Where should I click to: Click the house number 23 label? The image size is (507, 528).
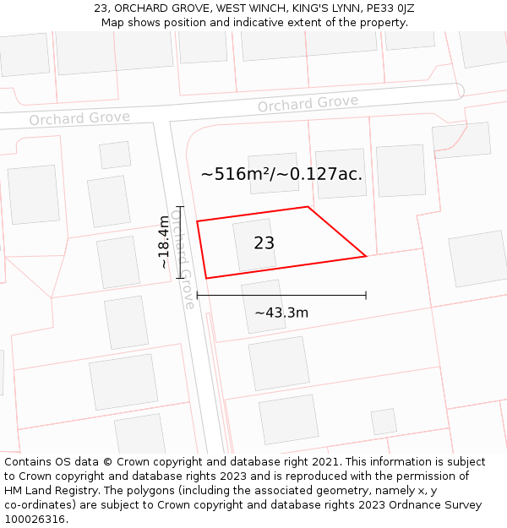[264, 243]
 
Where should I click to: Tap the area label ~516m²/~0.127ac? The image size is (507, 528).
[281, 174]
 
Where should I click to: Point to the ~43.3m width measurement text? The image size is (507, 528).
[281, 313]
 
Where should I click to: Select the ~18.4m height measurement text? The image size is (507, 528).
[163, 242]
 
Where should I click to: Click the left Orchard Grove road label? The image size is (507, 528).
[79, 118]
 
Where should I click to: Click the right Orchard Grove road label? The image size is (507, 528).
[308, 104]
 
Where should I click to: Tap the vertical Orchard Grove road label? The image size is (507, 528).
[183, 259]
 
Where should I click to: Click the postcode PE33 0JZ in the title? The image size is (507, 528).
[385, 8]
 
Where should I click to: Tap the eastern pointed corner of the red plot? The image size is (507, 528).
[365, 256]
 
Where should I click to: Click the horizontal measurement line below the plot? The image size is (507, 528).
[281, 295]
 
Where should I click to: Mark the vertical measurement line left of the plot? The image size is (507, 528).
[179, 242]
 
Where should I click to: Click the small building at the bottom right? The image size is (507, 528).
[384, 421]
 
